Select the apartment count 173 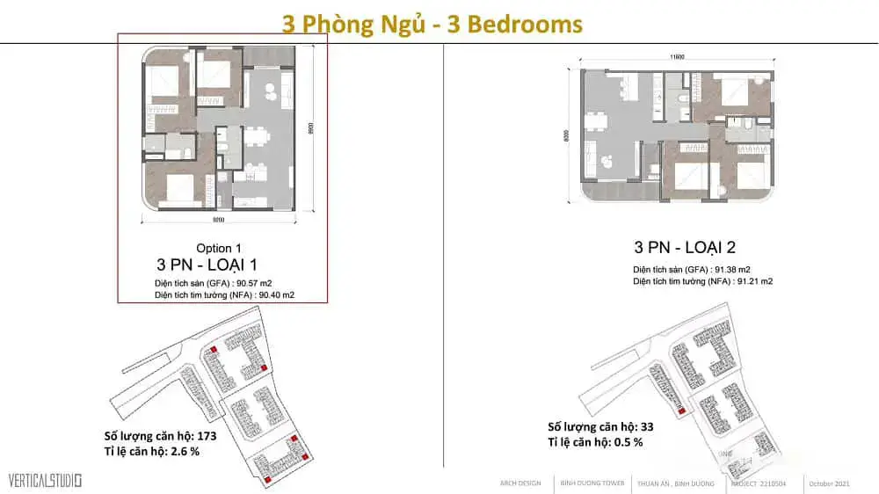coord(204,435)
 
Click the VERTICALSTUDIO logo coord(45,481)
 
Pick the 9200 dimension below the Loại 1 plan coord(219,221)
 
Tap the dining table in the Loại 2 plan coord(599,120)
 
